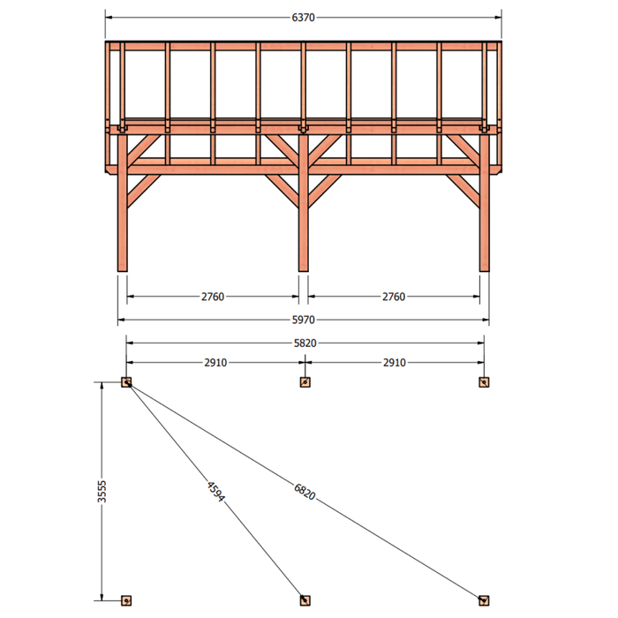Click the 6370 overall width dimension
pyautogui.click(x=303, y=18)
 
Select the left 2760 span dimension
pyautogui.click(x=213, y=297)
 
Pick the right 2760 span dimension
pyautogui.click(x=394, y=297)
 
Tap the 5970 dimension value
pyautogui.click(x=303, y=320)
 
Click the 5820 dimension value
pyautogui.click(x=305, y=343)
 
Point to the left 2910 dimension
pyautogui.click(x=215, y=362)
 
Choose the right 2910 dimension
pyautogui.click(x=395, y=362)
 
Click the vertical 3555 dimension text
pyautogui.click(x=102, y=491)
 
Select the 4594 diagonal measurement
pyautogui.click(x=216, y=491)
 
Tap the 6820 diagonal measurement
pyautogui.click(x=305, y=492)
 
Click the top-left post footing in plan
pyautogui.click(x=126, y=382)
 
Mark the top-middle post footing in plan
pyautogui.click(x=305, y=382)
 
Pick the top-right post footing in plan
pyautogui.click(x=484, y=382)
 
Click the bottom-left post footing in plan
pyautogui.click(x=126, y=600)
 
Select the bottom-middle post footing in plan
pyautogui.click(x=305, y=600)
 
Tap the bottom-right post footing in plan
pyautogui.click(x=484, y=600)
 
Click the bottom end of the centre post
pyautogui.click(x=304, y=271)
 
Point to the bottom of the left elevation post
pyautogui.click(x=123, y=271)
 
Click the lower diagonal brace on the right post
pyautogui.click(x=463, y=191)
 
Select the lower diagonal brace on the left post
pyautogui.click(x=144, y=191)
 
